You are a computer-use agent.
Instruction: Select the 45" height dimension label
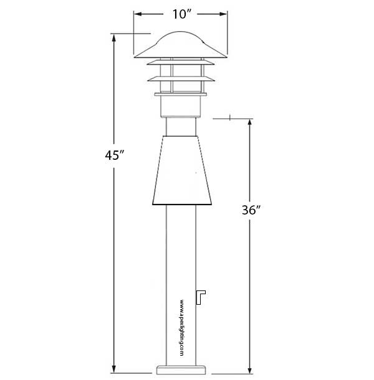tap(115, 155)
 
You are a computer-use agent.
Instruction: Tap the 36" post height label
tap(251, 210)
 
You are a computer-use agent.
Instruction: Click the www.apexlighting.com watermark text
tap(181, 328)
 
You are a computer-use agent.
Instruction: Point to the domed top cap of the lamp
tap(180, 45)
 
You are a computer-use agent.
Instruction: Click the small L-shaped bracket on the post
tap(201, 297)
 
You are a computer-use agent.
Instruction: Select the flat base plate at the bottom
tap(181, 370)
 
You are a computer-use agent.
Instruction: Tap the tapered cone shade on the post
tap(182, 170)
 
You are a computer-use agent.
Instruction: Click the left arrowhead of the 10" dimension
tap(138, 14)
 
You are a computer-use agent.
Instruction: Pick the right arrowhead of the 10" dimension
tap(223, 14)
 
